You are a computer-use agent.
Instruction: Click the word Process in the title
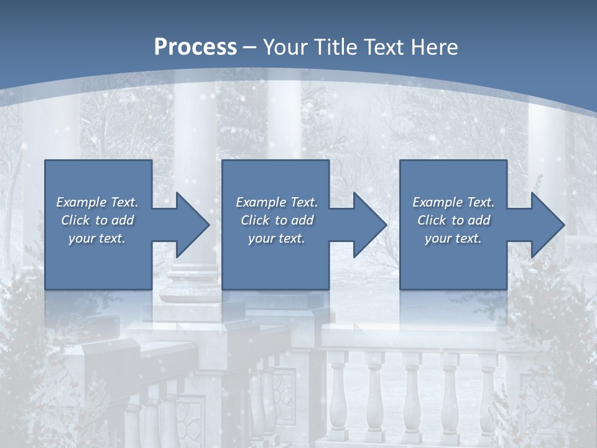[195, 47]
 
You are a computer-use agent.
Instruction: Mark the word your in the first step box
[81, 238]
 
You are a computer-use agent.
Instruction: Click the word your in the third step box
[437, 238]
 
